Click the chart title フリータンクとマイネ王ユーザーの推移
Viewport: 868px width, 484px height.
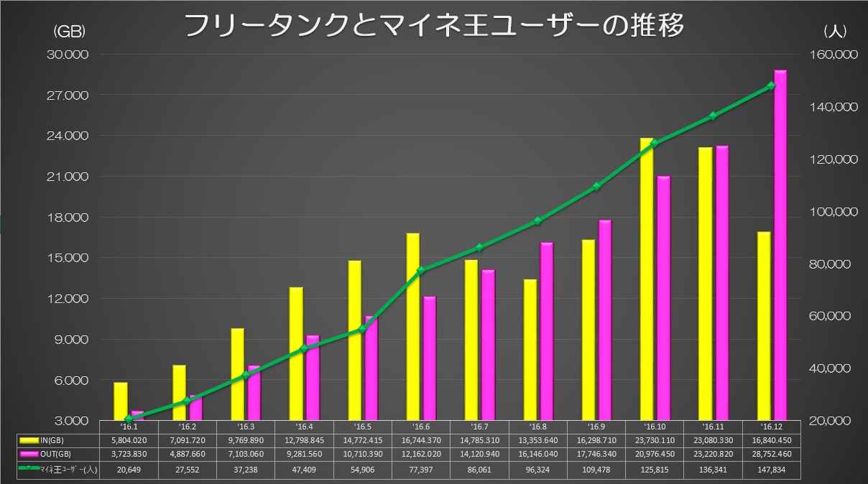coord(434,26)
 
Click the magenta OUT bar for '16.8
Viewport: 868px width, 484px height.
coord(547,331)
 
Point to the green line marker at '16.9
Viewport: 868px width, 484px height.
coord(596,187)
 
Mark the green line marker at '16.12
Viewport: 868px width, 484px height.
coord(772,86)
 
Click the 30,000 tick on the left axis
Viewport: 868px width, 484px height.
coord(68,55)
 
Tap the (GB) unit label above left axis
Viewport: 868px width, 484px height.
coord(70,31)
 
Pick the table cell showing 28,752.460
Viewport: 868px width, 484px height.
coord(771,454)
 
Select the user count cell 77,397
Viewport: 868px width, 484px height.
coord(419,468)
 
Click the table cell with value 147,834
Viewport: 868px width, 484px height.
coord(771,468)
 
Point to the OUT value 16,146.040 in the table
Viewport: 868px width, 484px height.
coord(535,454)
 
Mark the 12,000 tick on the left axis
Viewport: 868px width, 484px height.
coord(68,299)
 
